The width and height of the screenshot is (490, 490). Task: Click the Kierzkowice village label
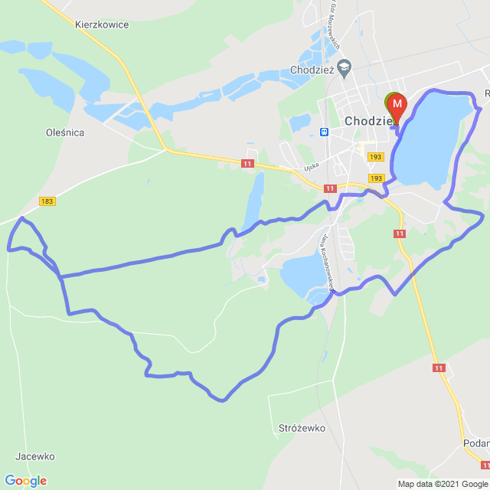pyautogui.click(x=102, y=24)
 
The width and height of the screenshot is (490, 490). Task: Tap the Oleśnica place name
pyautogui.click(x=65, y=132)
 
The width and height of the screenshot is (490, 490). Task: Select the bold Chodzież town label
pyautogui.click(x=368, y=121)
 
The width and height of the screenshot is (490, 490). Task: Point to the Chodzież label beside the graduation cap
pyautogui.click(x=311, y=70)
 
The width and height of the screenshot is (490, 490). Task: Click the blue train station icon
pyautogui.click(x=325, y=132)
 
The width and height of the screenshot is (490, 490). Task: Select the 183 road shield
pyautogui.click(x=47, y=201)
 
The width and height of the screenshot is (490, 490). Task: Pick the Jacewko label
pyautogui.click(x=35, y=456)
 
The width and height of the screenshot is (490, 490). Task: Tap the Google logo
pyautogui.click(x=25, y=481)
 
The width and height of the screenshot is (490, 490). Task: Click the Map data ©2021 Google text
pyautogui.click(x=443, y=484)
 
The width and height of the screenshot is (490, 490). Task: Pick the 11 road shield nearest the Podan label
pyautogui.click(x=485, y=465)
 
